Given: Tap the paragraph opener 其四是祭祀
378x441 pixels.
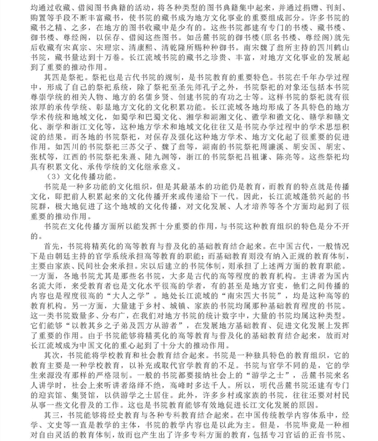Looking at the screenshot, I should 50,79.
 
